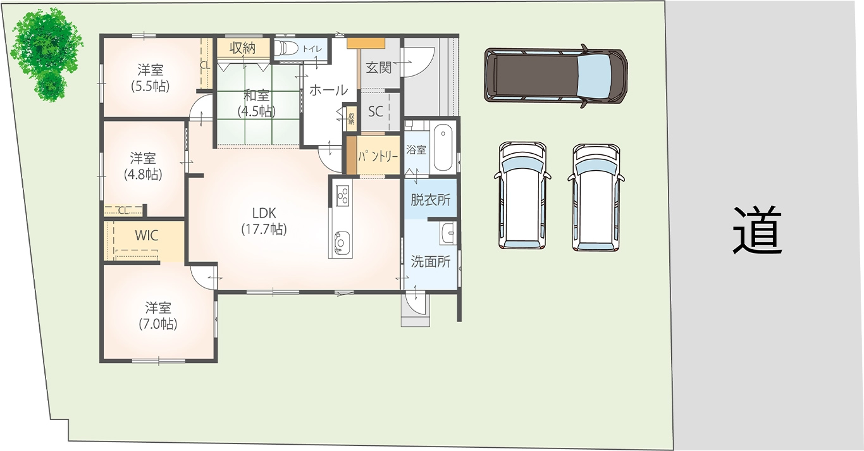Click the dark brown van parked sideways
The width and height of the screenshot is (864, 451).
click(555, 76)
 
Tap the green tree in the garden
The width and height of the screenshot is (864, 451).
click(47, 54)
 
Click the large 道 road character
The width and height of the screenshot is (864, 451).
click(756, 231)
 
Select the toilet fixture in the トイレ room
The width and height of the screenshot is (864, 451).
click(286, 49)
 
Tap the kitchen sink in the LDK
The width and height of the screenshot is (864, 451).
click(342, 242)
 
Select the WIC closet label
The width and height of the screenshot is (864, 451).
click(147, 235)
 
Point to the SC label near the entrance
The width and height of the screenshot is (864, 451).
click(375, 111)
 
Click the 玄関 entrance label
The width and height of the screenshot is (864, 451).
click(379, 68)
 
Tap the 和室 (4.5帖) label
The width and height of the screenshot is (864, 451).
click(257, 103)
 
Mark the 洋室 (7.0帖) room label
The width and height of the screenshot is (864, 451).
click(158, 316)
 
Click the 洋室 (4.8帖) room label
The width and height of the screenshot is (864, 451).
click(143, 166)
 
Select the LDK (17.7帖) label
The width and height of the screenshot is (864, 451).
click(264, 221)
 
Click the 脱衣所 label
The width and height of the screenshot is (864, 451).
click(431, 200)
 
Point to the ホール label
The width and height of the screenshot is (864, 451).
click(329, 90)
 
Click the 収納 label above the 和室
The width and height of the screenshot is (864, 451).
click(243, 48)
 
